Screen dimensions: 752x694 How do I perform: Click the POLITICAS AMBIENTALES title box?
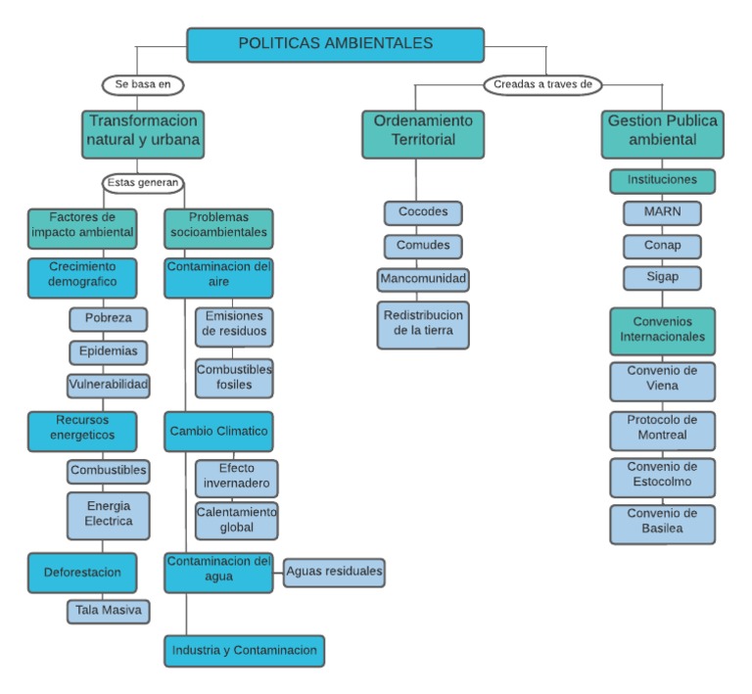point(335,45)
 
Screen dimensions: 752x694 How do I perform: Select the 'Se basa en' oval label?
point(143,85)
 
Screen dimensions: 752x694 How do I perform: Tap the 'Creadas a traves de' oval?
point(542,85)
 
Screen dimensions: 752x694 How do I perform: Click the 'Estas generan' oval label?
point(143,183)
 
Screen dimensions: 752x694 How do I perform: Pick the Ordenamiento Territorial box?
point(423,134)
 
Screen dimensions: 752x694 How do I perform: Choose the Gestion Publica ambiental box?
point(662,134)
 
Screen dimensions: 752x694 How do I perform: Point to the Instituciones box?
point(662,181)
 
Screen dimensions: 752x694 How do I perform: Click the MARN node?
point(662,212)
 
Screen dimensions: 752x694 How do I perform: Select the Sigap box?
point(662,278)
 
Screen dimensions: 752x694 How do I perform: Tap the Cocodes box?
point(423,212)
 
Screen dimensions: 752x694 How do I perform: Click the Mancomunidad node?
point(423,280)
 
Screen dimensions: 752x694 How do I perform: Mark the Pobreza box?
point(109,319)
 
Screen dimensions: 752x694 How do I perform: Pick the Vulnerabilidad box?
point(109,386)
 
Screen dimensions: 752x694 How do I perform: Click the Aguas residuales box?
point(334,573)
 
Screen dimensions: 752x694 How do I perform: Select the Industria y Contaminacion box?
point(244,651)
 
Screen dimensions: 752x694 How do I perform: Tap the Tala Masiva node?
point(109,611)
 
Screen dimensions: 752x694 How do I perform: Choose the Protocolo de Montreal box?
point(662,431)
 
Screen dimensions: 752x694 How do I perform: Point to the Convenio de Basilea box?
point(662,525)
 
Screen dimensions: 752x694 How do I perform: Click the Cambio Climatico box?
point(218,432)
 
